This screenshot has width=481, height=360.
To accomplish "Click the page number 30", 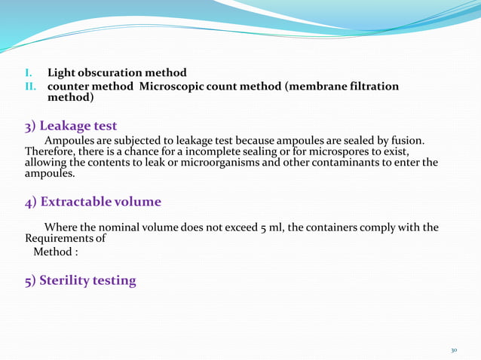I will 454,350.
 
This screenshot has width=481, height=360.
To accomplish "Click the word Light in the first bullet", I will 63,73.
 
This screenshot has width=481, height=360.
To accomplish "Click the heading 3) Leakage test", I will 71,125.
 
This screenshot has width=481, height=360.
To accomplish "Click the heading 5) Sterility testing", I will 81,281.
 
